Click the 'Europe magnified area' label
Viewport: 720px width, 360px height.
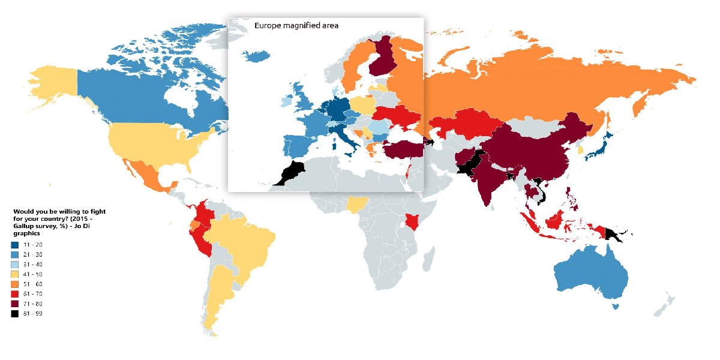[296, 25]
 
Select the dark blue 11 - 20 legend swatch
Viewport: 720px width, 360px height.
[14, 245]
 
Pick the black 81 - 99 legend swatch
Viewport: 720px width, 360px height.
[14, 313]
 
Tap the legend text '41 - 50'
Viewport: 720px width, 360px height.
[33, 274]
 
